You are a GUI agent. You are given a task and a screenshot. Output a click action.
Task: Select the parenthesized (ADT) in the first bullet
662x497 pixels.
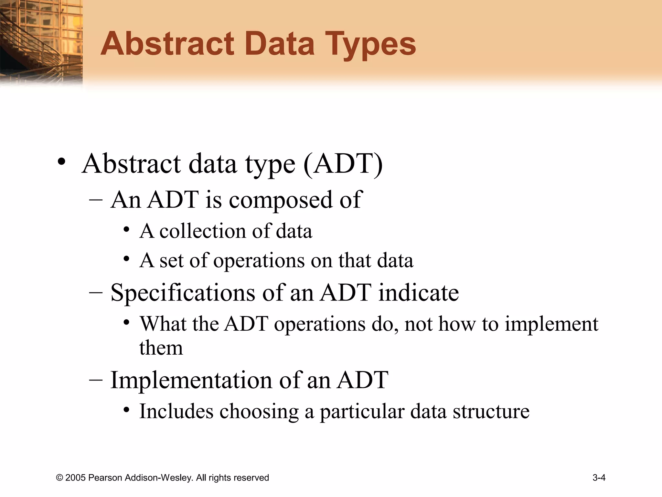(x=343, y=164)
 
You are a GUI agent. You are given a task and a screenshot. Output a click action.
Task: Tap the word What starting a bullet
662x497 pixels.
(x=163, y=324)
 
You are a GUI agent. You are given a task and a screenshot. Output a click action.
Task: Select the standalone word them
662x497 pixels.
(x=161, y=348)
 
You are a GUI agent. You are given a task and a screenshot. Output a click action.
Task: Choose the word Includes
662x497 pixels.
(x=176, y=411)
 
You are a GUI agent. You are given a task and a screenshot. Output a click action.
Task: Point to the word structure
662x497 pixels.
(x=491, y=411)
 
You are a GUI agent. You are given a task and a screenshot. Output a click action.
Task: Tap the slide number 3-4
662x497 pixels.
(x=599, y=478)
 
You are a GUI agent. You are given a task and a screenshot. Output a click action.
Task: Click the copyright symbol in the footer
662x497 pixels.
(x=59, y=478)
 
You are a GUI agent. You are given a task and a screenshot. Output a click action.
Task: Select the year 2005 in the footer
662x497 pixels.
(x=76, y=478)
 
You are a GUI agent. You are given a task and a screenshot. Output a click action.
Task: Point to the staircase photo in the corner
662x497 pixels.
(x=40, y=42)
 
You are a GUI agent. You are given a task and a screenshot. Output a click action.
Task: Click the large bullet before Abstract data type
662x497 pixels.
(x=61, y=162)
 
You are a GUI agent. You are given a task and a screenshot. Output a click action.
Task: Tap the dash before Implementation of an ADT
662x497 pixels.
(x=96, y=380)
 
